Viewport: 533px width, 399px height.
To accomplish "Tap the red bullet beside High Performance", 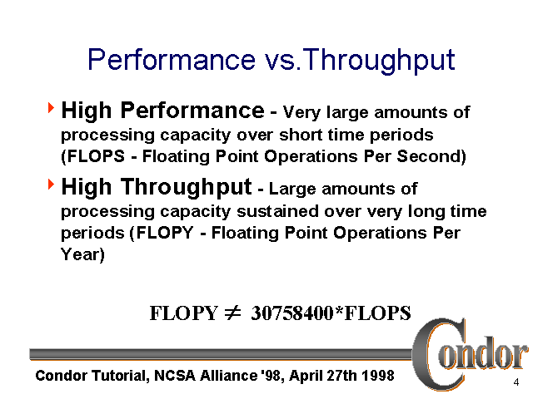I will point(52,108).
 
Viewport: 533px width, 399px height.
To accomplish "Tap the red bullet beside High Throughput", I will point(52,183).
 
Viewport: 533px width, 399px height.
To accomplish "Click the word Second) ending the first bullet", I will point(436,156).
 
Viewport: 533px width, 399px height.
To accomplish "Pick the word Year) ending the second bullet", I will point(83,255).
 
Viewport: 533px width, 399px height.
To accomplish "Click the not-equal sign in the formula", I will point(232,313).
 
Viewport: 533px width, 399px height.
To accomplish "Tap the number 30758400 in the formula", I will point(290,313).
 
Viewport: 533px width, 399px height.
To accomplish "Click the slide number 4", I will point(517,382).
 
